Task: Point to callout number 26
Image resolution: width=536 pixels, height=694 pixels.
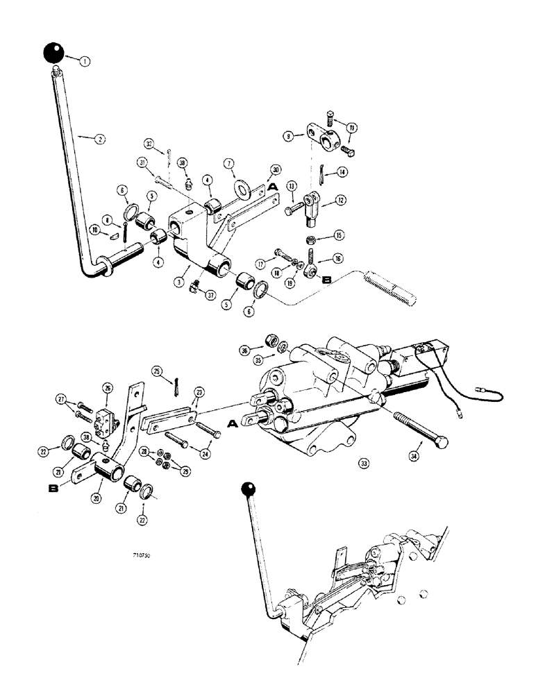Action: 107,387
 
